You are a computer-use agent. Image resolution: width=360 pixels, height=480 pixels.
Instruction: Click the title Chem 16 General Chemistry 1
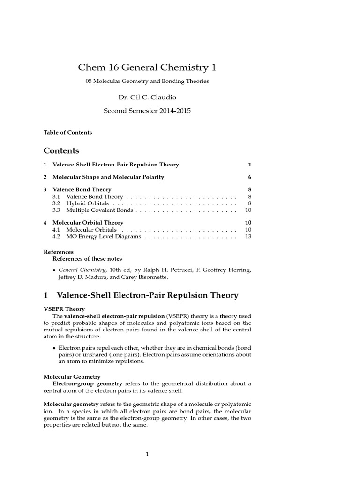[x=147, y=67]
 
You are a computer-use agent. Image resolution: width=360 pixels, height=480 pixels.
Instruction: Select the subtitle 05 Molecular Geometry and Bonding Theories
[x=147, y=81]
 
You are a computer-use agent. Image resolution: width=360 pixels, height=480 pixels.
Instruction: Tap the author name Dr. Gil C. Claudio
[x=147, y=97]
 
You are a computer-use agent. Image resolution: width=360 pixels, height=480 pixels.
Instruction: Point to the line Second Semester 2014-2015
[x=147, y=111]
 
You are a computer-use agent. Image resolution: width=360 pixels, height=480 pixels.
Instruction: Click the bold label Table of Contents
[x=67, y=132]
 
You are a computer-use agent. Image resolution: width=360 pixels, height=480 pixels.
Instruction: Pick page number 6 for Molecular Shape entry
[x=250, y=177]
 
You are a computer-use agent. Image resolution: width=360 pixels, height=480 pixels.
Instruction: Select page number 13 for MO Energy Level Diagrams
[x=248, y=237]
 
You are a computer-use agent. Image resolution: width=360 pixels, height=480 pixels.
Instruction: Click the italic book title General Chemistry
[x=82, y=270]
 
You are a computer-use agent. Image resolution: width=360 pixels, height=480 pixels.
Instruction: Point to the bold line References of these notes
[x=87, y=259]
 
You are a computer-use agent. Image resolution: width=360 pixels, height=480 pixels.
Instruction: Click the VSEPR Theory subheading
[x=64, y=309]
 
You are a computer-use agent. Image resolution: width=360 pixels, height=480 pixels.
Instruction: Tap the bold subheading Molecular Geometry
[x=72, y=376]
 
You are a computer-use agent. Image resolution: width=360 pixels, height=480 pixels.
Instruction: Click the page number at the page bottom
[x=147, y=454]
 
